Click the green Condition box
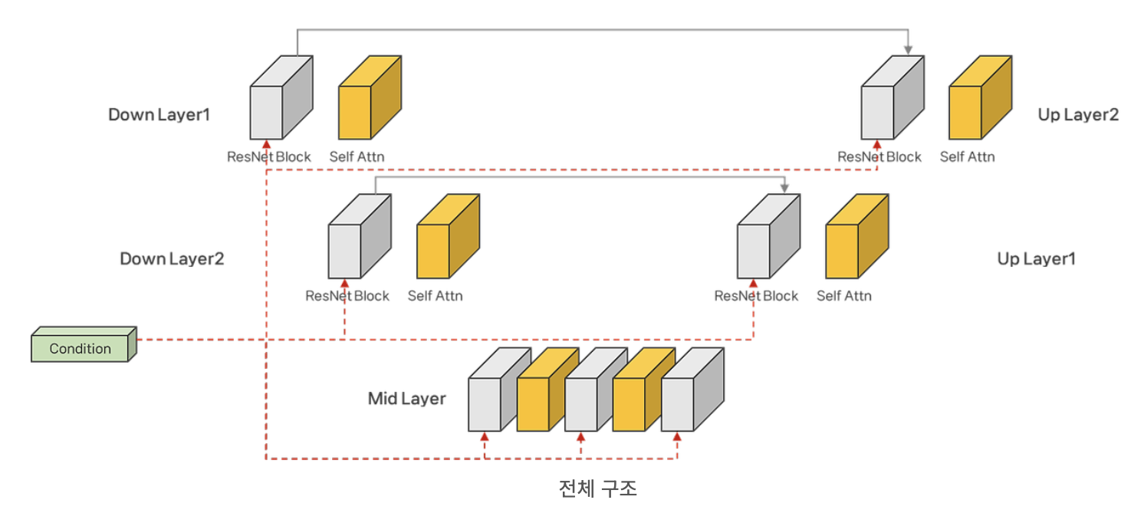81,347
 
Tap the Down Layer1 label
159,115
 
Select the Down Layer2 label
172,258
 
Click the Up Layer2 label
1078,115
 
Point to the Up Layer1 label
1036,258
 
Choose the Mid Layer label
406,399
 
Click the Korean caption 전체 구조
598,488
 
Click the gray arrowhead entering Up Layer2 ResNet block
908,51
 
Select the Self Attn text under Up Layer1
844,296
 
